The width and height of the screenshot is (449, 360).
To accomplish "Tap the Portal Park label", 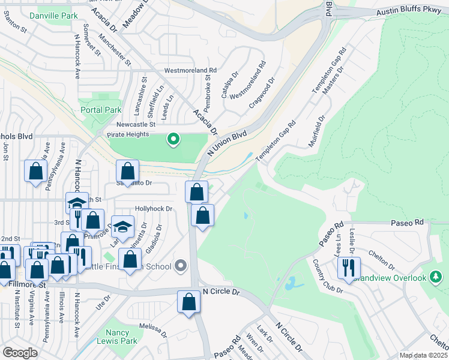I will coord(101,110).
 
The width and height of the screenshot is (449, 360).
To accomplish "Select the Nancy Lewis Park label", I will coord(118,337).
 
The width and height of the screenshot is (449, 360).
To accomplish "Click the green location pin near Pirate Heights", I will coord(173,140).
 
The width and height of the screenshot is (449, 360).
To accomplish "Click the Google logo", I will coord(20,353).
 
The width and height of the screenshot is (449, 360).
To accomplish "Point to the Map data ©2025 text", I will coord(423,355).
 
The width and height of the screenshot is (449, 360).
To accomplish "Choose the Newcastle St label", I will coord(135,124).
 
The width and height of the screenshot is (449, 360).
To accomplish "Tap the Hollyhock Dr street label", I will coord(154,209).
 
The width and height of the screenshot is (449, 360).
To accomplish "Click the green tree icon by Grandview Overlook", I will coord(436,277).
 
